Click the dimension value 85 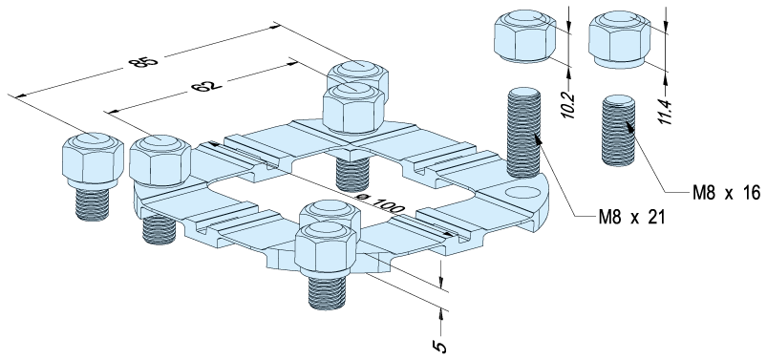[143, 62]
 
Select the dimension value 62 [206, 87]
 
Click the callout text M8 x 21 [632, 217]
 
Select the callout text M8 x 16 [726, 193]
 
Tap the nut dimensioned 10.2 [523, 36]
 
